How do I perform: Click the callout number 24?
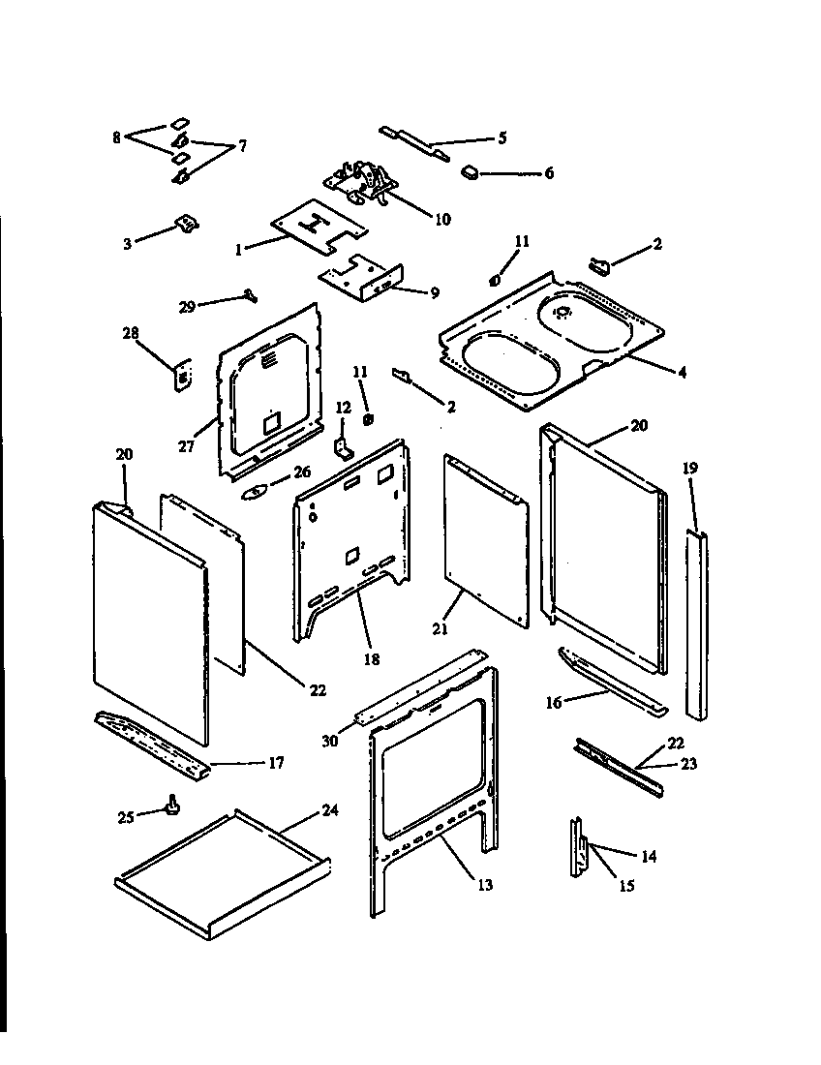coord(330,810)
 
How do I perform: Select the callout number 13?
coord(484,885)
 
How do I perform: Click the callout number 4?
coord(682,372)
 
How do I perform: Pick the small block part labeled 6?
coord(471,172)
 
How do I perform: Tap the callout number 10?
coord(441,219)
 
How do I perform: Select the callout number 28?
coord(131,333)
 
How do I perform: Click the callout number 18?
coord(371,659)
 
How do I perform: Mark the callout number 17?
coord(276,763)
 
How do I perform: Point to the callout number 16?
coord(554,703)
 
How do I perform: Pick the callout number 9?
coord(431,290)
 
